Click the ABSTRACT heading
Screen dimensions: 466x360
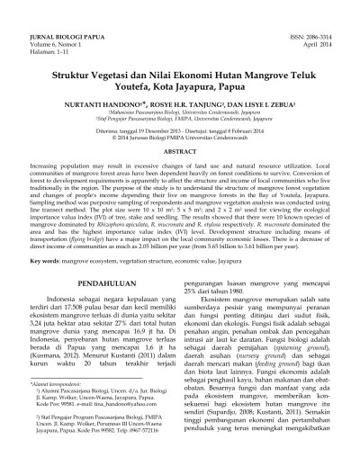tap(179, 154)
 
